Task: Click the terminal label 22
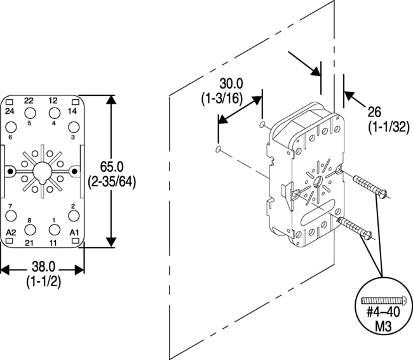[29, 101]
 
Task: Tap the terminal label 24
[10, 111]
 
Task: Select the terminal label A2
[10, 231]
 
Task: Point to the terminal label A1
[74, 231]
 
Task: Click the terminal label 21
[29, 242]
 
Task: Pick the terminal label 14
[73, 111]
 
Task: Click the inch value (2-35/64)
[112, 181]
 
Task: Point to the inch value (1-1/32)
[386, 127]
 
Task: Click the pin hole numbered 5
[30, 113]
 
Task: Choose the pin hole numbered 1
[54, 230]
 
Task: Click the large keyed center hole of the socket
[42, 172]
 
